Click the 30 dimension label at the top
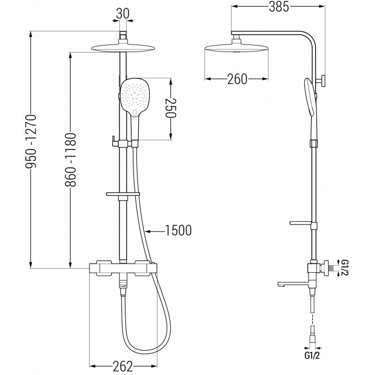[123, 14]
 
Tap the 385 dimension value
[279, 7]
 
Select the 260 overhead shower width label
[237, 79]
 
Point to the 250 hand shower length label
[171, 108]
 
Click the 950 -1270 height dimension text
[31, 142]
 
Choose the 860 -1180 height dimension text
[71, 160]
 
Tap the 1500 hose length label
[179, 231]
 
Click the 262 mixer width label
[122, 366]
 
